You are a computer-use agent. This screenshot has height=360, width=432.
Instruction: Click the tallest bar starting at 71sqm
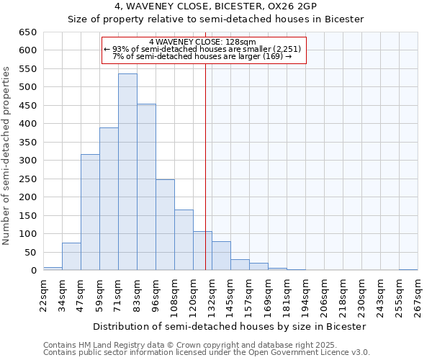pos(127,172)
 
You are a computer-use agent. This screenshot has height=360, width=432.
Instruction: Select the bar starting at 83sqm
pos(146,187)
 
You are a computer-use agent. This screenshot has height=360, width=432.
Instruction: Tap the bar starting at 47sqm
pos(90,212)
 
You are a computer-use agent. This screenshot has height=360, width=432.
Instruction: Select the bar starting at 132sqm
pos(221,256)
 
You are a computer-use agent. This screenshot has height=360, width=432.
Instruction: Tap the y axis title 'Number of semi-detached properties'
pos(6,156)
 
